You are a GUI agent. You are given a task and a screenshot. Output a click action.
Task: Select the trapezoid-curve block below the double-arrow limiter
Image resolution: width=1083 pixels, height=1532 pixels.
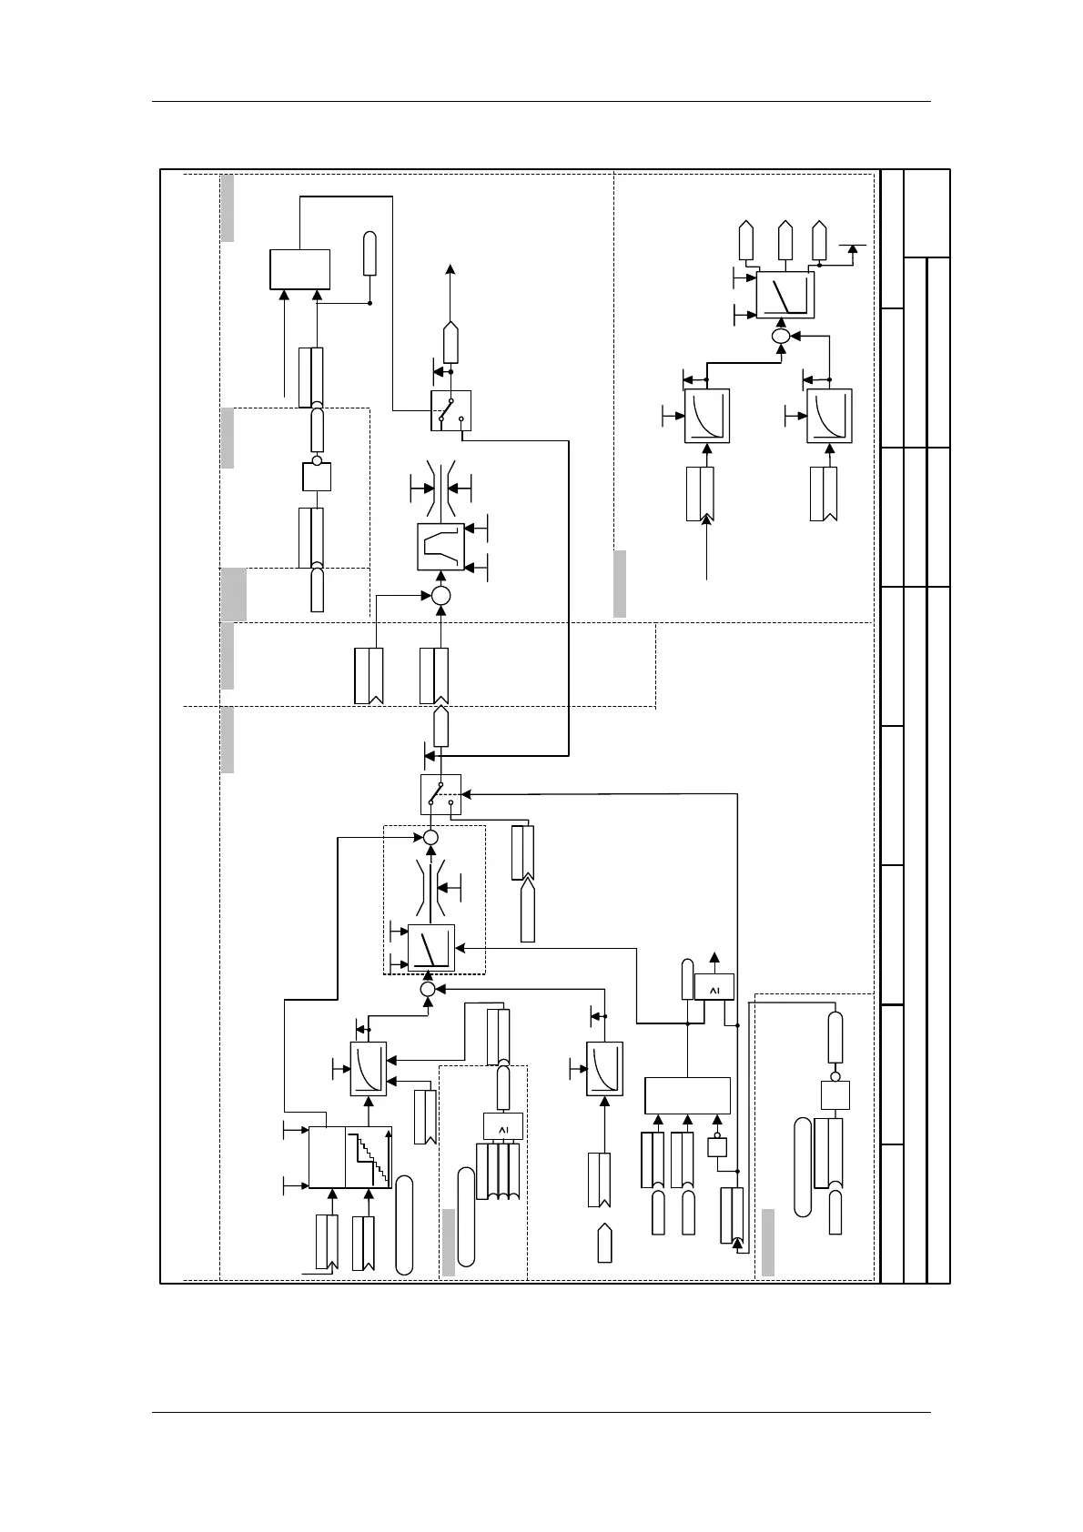click(x=440, y=547)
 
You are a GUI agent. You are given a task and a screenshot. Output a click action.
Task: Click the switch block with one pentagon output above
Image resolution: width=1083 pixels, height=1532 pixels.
click(x=450, y=410)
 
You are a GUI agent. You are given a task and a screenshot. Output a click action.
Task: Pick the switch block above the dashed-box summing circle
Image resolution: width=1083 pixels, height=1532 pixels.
click(x=440, y=794)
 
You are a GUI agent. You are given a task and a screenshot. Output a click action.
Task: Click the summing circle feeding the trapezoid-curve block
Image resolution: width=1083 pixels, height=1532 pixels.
click(x=440, y=596)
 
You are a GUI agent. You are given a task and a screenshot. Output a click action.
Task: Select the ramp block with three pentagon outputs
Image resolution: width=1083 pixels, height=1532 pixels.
click(x=784, y=295)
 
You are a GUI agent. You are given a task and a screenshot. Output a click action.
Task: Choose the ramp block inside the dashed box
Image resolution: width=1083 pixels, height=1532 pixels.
click(x=430, y=949)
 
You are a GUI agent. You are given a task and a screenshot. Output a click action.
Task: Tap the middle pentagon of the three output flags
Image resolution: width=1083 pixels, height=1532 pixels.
click(x=784, y=238)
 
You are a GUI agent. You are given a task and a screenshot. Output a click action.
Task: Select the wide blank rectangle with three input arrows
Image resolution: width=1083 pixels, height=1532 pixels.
click(x=687, y=1095)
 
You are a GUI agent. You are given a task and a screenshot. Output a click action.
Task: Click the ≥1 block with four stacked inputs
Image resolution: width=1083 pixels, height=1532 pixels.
click(x=503, y=1127)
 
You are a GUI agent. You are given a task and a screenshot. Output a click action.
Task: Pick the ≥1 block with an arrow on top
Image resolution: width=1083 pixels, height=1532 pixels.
click(x=714, y=987)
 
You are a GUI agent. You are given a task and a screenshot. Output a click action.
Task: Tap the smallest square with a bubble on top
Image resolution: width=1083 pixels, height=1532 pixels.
click(x=717, y=1147)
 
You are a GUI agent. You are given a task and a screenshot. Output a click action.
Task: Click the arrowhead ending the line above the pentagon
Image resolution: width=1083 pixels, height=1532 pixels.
click(x=450, y=269)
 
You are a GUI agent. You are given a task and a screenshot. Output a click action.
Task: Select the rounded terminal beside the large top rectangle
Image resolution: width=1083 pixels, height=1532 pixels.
click(x=369, y=253)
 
